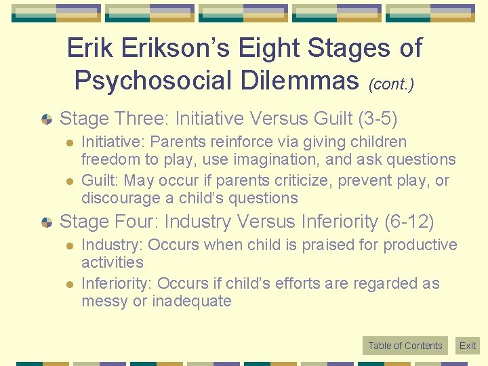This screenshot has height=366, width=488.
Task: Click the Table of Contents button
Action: [x=405, y=346]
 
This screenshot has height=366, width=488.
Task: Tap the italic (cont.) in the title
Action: [x=391, y=84]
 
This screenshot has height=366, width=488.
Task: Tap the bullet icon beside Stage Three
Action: [x=47, y=119]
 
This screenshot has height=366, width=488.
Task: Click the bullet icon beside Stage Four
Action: [x=47, y=222]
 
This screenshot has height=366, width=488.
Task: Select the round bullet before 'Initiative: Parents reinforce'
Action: [x=68, y=142]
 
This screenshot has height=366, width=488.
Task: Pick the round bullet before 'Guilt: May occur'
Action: [x=68, y=182]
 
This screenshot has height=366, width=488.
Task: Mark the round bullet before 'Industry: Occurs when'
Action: [x=68, y=245]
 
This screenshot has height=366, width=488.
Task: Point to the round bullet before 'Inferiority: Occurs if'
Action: [x=68, y=285]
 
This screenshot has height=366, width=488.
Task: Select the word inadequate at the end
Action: [x=192, y=301]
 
